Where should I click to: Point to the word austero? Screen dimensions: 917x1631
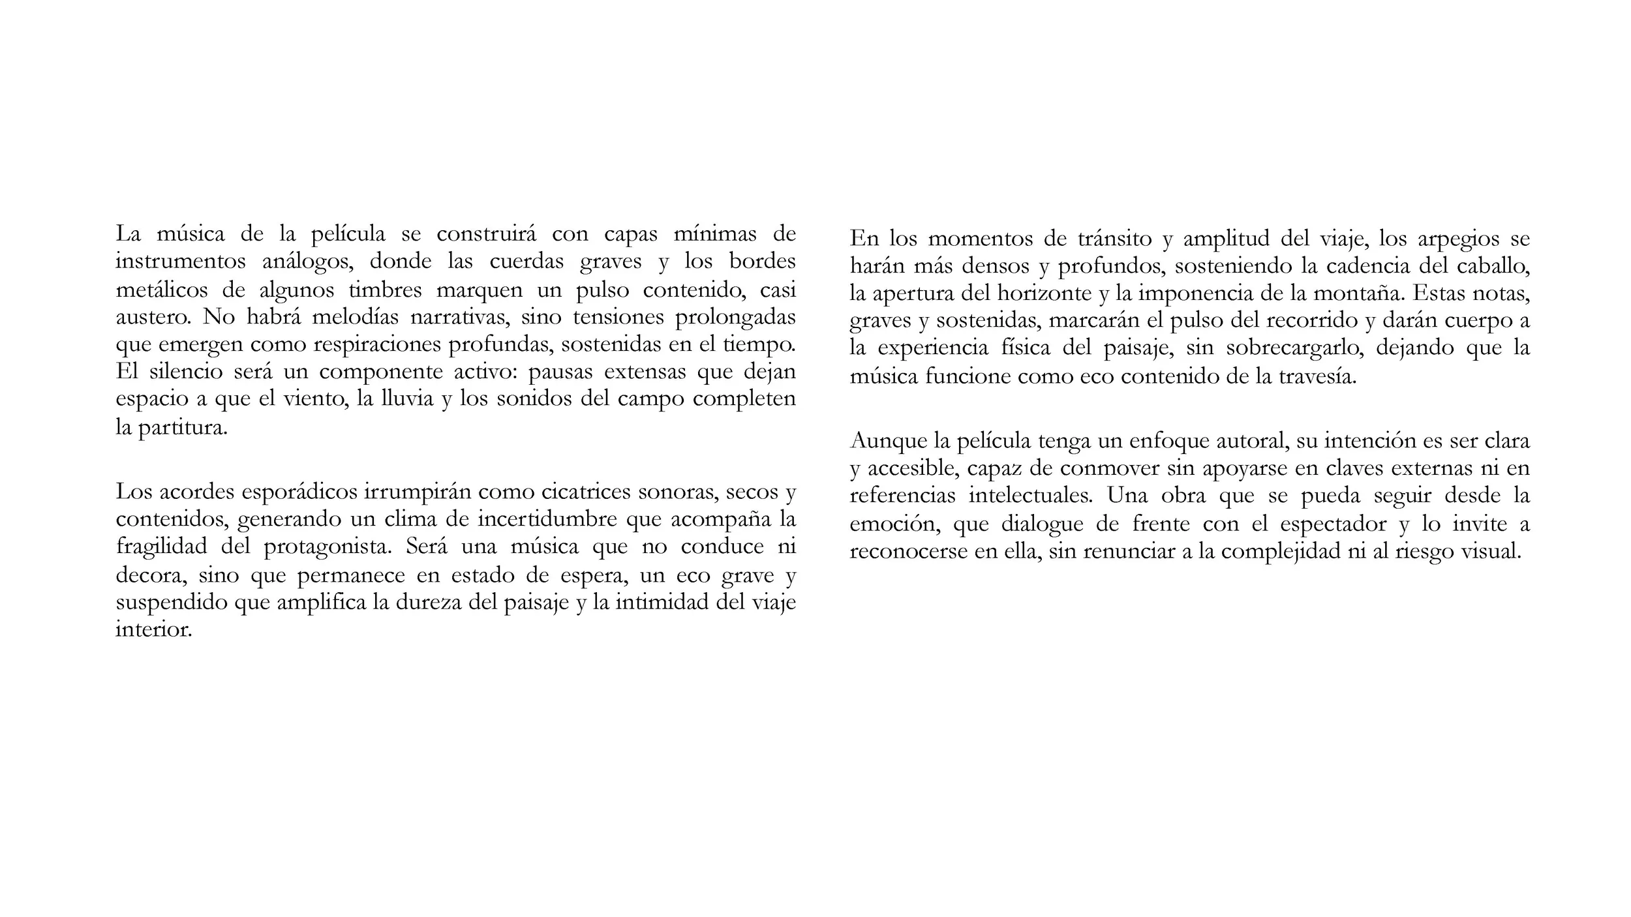[x=153, y=318]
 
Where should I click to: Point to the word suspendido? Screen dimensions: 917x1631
[x=172, y=602]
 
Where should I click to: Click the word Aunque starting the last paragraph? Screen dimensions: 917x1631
[x=889, y=442]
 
